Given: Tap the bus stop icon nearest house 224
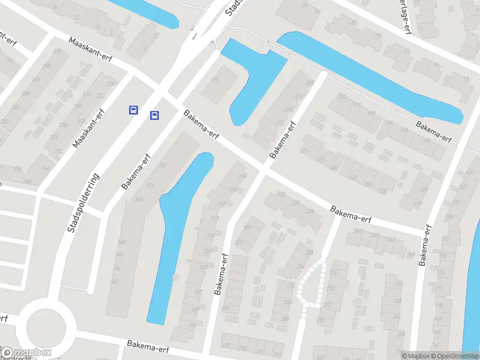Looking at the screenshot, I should pyautogui.click(x=133, y=110).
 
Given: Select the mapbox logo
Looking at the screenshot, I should pyautogui.click(x=26, y=353).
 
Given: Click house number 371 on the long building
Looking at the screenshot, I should pyautogui.click(x=149, y=185).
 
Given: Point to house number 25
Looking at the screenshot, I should pyautogui.click(x=353, y=23).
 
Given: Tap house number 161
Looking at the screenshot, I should pyautogui.click(x=10, y=60).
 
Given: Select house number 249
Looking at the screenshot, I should pyautogui.click(x=410, y=256).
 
